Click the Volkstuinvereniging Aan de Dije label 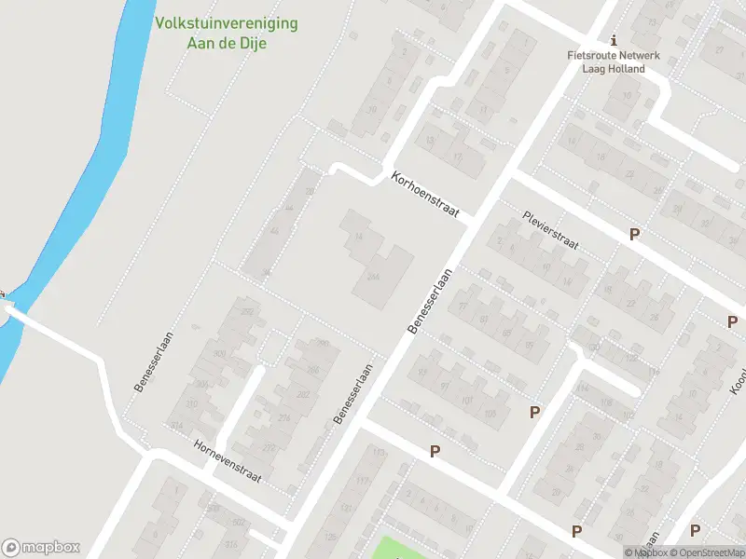pyautogui.click(x=227, y=33)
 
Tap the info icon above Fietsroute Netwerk pyautogui.click(x=613, y=40)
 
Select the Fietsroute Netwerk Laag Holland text pyautogui.click(x=613, y=61)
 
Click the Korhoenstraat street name pyautogui.click(x=427, y=195)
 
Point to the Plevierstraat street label pyautogui.click(x=550, y=230)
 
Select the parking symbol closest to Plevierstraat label pyautogui.click(x=634, y=235)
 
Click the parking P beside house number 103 pyautogui.click(x=534, y=412)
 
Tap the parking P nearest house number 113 pyautogui.click(x=435, y=451)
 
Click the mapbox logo pyautogui.click(x=41, y=547)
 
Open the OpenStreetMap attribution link pyautogui.click(x=711, y=552)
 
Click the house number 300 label pyautogui.click(x=220, y=354)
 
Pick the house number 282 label pyautogui.click(x=276, y=395)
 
